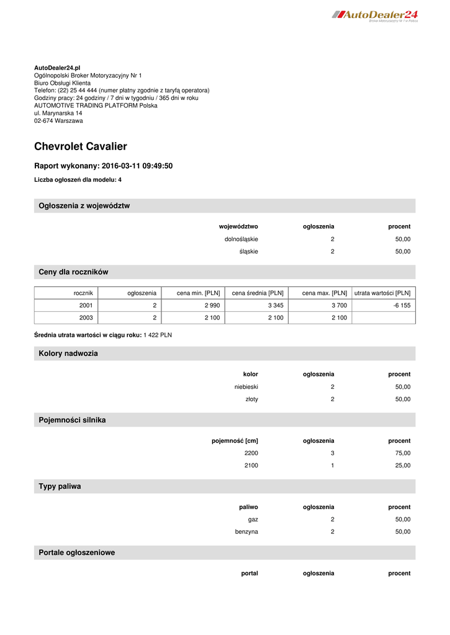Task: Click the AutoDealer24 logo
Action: [x=375, y=15]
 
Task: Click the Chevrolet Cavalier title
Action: [x=81, y=146]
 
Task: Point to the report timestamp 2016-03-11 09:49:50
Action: [x=137, y=166]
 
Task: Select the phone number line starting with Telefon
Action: [x=122, y=90]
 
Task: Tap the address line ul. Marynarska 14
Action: [x=58, y=113]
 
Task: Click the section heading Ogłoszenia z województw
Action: [x=84, y=206]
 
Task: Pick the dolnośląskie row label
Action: [x=241, y=239]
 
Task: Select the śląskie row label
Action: [x=248, y=252]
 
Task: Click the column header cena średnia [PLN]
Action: [x=258, y=293]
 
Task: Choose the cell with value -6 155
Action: [x=402, y=305]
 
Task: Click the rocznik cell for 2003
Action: [x=86, y=317]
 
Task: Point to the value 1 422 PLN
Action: [x=158, y=335]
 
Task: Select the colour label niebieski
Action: [x=246, y=386]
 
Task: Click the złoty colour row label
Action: [x=251, y=399]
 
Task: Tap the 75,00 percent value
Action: [x=402, y=453]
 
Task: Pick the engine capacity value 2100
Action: [x=251, y=466]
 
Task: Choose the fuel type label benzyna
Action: [x=246, y=532]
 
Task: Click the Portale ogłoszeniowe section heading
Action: [x=77, y=553]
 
